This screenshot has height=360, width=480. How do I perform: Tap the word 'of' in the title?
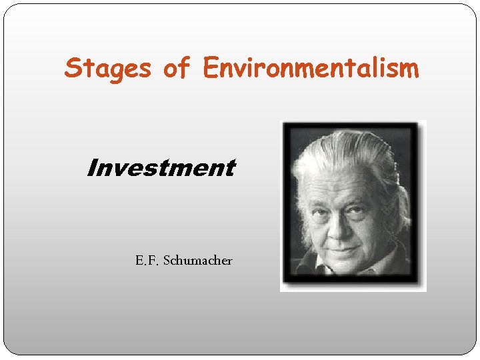point(176,67)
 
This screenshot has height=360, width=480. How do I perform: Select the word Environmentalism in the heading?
point(311,67)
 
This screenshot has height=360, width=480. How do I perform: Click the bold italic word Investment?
point(161,168)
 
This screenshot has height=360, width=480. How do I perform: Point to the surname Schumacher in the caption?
point(199,260)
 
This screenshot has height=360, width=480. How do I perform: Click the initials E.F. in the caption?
point(148,260)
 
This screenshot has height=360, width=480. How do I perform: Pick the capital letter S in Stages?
point(72,68)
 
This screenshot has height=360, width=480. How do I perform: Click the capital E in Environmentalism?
point(211,67)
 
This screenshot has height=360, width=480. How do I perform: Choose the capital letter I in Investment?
point(91,168)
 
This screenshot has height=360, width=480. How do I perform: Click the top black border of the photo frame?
point(353,125)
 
